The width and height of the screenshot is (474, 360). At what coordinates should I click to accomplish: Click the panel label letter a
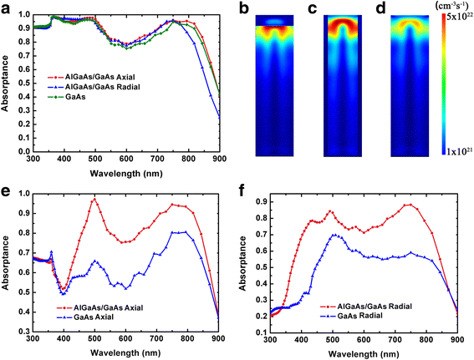click(x=6, y=8)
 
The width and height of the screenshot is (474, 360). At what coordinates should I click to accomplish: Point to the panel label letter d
click(x=378, y=8)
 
